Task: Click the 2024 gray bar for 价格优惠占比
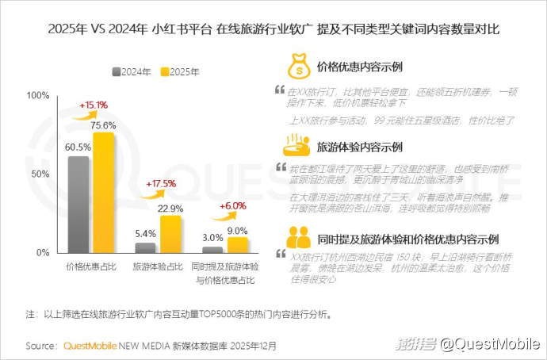[x=78, y=204]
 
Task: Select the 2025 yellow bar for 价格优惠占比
[x=103, y=192]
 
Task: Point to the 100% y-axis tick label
[x=38, y=95]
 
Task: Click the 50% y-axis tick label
[x=40, y=174]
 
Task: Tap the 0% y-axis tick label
[x=43, y=252]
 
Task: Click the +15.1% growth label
[x=94, y=105]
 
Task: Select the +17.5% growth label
[x=161, y=184]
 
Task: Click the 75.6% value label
[x=104, y=124]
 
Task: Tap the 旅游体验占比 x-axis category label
[x=155, y=266]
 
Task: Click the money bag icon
[x=297, y=67]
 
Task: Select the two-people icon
[x=297, y=237]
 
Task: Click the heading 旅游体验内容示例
[x=359, y=147]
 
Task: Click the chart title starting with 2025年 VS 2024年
[x=273, y=29]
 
